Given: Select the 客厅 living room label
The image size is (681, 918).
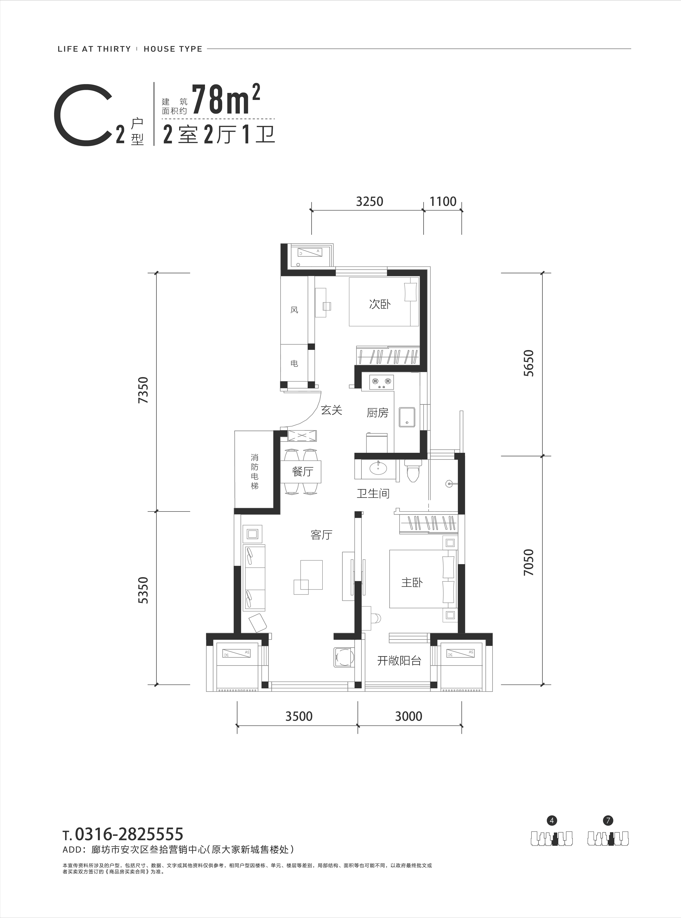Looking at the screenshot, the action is [321, 535].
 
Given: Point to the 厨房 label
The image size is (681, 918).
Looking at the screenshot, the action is [378, 413].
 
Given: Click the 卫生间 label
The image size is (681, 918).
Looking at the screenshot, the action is [373, 493].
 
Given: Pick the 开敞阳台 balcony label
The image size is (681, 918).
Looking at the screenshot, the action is [399, 661].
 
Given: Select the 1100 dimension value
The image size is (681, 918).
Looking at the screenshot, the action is [443, 202].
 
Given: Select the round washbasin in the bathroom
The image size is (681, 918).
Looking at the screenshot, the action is [378, 468].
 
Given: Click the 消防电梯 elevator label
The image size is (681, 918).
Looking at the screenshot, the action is [255, 472].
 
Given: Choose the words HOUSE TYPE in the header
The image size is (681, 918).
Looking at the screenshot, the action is [173, 49].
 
